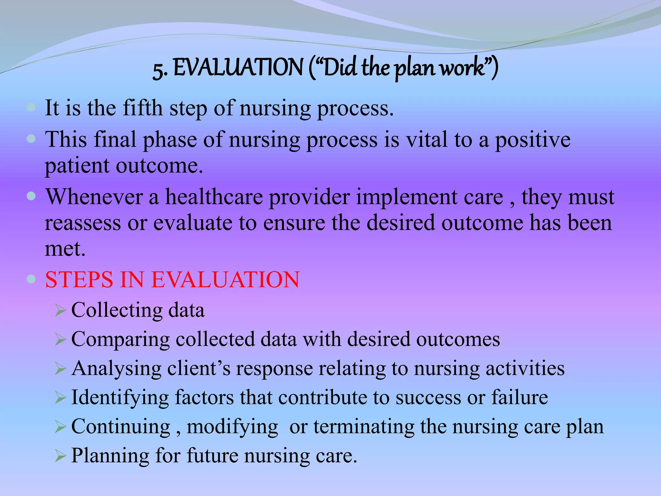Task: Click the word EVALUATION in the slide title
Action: [238, 68]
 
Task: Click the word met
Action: [65, 249]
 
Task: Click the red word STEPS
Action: [79, 279]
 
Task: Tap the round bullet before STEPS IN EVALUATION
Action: [31, 279]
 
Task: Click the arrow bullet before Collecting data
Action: [60, 310]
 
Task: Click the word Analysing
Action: [117, 369]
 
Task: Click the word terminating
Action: [364, 427]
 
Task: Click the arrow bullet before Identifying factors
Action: [60, 398]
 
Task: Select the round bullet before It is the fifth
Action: [31, 107]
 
